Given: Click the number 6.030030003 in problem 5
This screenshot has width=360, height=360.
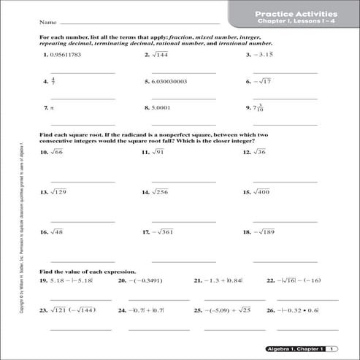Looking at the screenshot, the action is [171, 82].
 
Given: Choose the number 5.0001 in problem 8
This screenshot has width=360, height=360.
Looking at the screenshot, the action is [161, 107].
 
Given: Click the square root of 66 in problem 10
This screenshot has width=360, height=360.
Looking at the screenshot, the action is [57, 152].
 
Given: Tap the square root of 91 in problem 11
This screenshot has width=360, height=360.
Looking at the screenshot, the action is [158, 152].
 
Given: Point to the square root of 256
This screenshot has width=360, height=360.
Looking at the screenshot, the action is [161, 192].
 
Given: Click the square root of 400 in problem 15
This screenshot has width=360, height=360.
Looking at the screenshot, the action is [262, 192].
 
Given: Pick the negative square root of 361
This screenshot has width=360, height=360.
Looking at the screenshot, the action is [166, 232].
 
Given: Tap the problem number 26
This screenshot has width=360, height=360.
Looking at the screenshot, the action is [269, 310].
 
